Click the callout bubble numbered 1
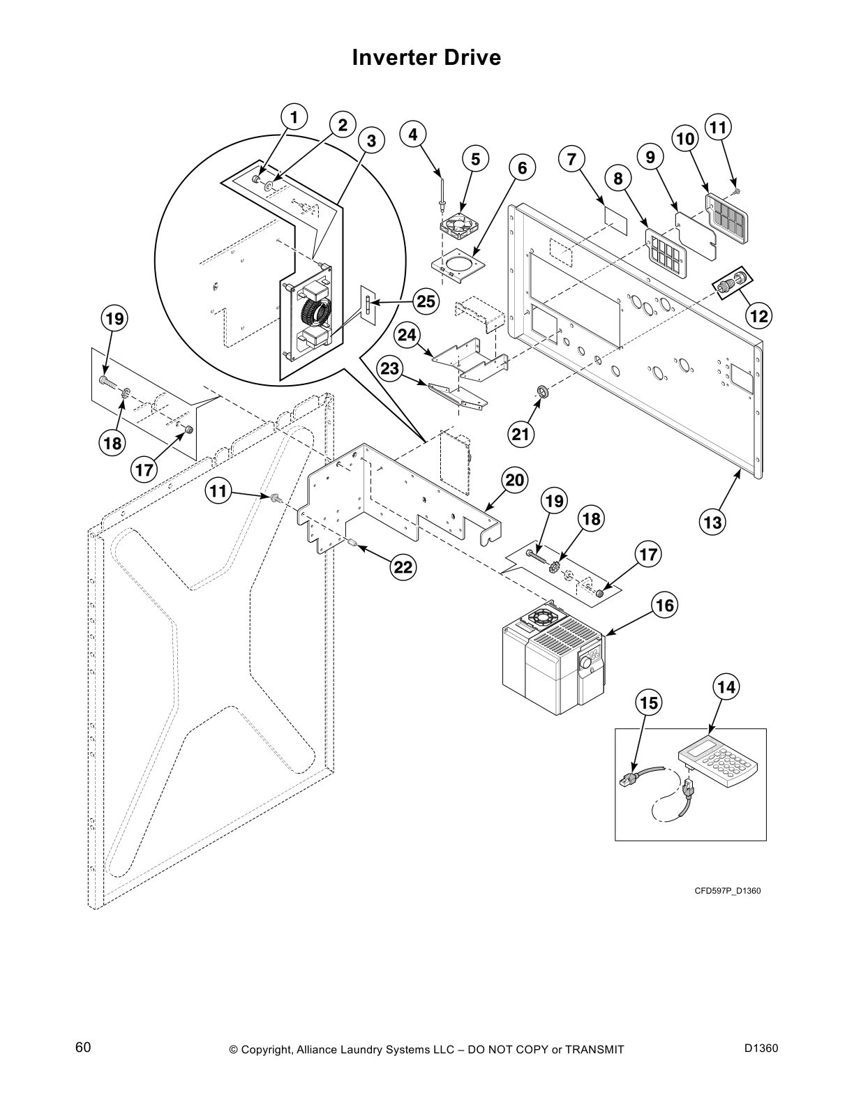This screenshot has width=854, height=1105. click(x=294, y=118)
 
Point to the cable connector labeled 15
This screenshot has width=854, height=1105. click(x=630, y=780)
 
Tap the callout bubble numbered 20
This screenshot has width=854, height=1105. click(x=514, y=480)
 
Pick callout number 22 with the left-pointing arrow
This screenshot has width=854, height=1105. click(x=403, y=568)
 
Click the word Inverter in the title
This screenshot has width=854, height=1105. click(x=391, y=57)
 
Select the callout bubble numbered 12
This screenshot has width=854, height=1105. click(x=759, y=316)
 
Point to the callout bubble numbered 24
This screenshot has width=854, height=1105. click(x=407, y=335)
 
